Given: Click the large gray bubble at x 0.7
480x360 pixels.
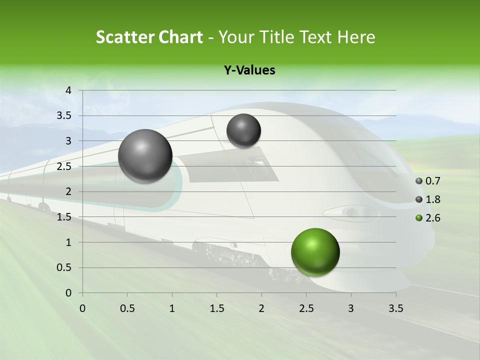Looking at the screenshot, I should coord(145,156).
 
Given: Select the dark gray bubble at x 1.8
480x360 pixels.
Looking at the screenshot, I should coord(243,130).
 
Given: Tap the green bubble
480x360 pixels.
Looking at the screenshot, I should coord(315,252).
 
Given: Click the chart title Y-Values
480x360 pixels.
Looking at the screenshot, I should coord(249,70).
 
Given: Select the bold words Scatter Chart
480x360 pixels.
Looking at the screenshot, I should coord(149,37).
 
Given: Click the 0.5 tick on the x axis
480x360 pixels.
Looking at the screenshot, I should coord(127,308).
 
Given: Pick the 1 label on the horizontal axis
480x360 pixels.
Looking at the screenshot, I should coord(172,308).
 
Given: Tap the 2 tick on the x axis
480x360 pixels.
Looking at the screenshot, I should coord(261,308).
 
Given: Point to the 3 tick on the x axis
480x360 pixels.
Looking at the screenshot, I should coord(351,308).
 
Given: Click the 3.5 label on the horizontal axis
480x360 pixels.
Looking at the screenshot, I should coord(395,308).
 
